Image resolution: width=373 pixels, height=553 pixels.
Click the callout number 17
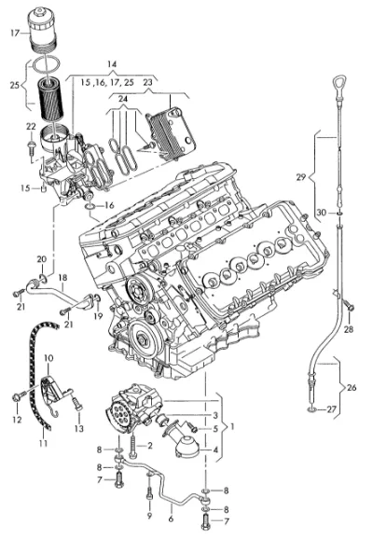[x=15, y=34]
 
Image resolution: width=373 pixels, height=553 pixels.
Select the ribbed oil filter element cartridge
[x=50, y=100]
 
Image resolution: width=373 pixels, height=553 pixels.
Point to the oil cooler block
[x=171, y=133]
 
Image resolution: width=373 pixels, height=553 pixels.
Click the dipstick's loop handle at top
[x=339, y=84]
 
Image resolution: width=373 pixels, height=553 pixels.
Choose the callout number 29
[x=300, y=176]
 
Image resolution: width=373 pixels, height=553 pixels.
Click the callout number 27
[x=331, y=409]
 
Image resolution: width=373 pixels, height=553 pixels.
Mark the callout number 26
[x=352, y=387]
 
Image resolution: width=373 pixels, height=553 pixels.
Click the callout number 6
[x=172, y=518]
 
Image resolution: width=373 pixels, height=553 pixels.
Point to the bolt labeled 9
[x=149, y=496]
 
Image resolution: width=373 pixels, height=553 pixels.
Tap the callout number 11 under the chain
[x=43, y=443]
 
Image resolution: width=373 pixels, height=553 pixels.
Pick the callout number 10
[x=48, y=358]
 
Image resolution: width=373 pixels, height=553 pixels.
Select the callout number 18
[x=62, y=278]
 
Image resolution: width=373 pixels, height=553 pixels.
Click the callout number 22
[x=31, y=126]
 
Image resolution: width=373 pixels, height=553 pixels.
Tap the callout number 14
[x=112, y=64]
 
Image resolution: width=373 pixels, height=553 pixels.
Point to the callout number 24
[x=123, y=99]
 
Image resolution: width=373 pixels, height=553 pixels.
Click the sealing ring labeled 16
[x=90, y=205]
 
